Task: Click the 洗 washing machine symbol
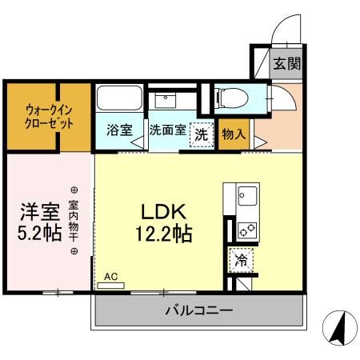pyautogui.click(x=202, y=135)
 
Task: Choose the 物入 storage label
pyautogui.click(x=233, y=134)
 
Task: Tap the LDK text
pyautogui.click(x=164, y=213)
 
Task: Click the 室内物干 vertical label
pyautogui.click(x=74, y=221)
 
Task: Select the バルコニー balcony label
pyautogui.click(x=199, y=310)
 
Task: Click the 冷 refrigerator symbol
pyautogui.click(x=239, y=259)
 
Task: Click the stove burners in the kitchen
pyautogui.click(x=246, y=230)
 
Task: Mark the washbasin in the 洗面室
pyautogui.click(x=166, y=101)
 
